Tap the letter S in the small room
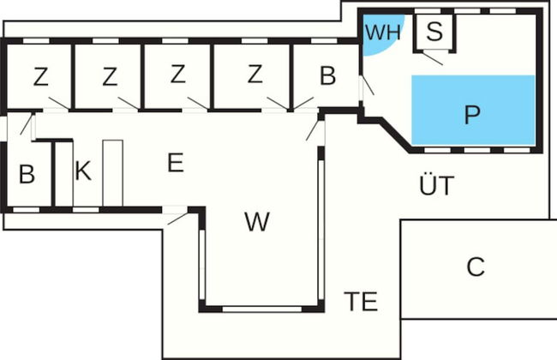434,33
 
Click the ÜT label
435,184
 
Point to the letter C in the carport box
476,267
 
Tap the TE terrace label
361,301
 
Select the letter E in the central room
175,163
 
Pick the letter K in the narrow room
82,171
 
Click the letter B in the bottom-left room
27,175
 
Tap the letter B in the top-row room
327,76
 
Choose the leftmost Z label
40,77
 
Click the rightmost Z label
254,75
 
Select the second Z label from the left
109,77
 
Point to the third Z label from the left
177,75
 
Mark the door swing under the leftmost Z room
59,105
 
